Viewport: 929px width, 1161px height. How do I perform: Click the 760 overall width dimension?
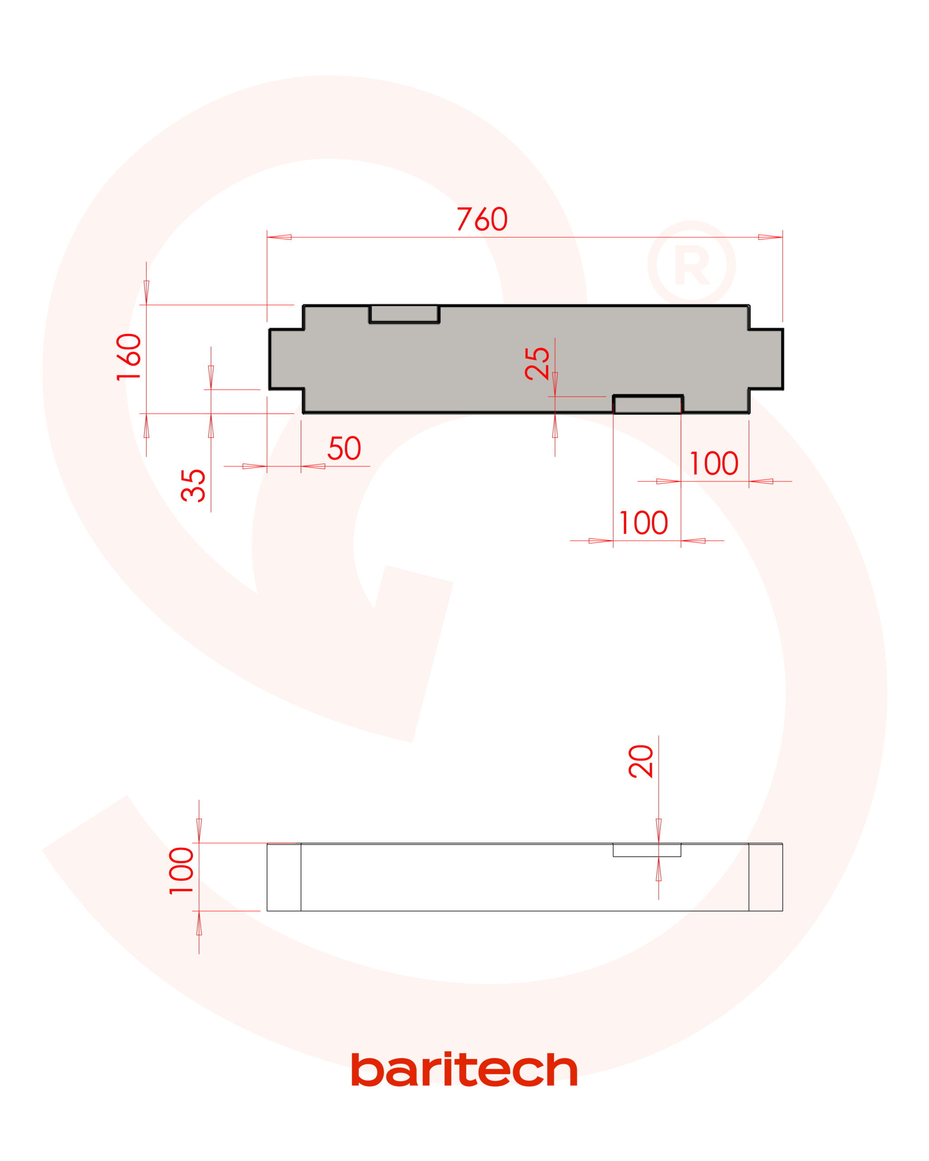coord(482,219)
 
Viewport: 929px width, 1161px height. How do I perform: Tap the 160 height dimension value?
coord(129,357)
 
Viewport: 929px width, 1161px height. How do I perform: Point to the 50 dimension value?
coord(344,448)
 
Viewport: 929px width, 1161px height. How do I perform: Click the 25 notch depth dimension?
coord(538,363)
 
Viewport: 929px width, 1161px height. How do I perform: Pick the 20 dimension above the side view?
coord(641,761)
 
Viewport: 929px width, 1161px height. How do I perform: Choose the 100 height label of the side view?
coord(181,871)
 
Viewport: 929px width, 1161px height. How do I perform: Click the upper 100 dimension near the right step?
coord(714,463)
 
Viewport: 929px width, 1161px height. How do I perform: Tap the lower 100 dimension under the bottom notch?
coord(644,522)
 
